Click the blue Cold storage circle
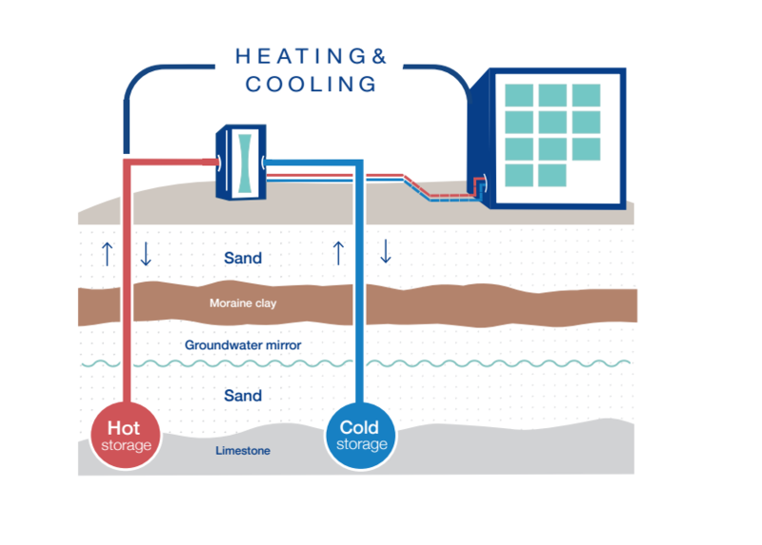[x=361, y=436]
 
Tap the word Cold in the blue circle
[x=360, y=428]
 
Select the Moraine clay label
[x=243, y=303]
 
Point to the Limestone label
[x=242, y=451]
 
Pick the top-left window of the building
[x=519, y=95]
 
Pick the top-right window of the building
[x=586, y=95]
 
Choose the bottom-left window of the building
[x=519, y=175]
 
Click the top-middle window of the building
[x=552, y=95]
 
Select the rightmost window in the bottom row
[x=552, y=175]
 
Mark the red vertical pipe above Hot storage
[x=124, y=285]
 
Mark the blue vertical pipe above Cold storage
[x=360, y=285]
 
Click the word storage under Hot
[x=127, y=445]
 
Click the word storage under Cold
[x=361, y=445]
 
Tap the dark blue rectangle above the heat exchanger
[x=347, y=99]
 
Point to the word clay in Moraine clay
[x=264, y=303]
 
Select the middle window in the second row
[x=552, y=122]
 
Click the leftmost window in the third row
[x=519, y=148]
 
